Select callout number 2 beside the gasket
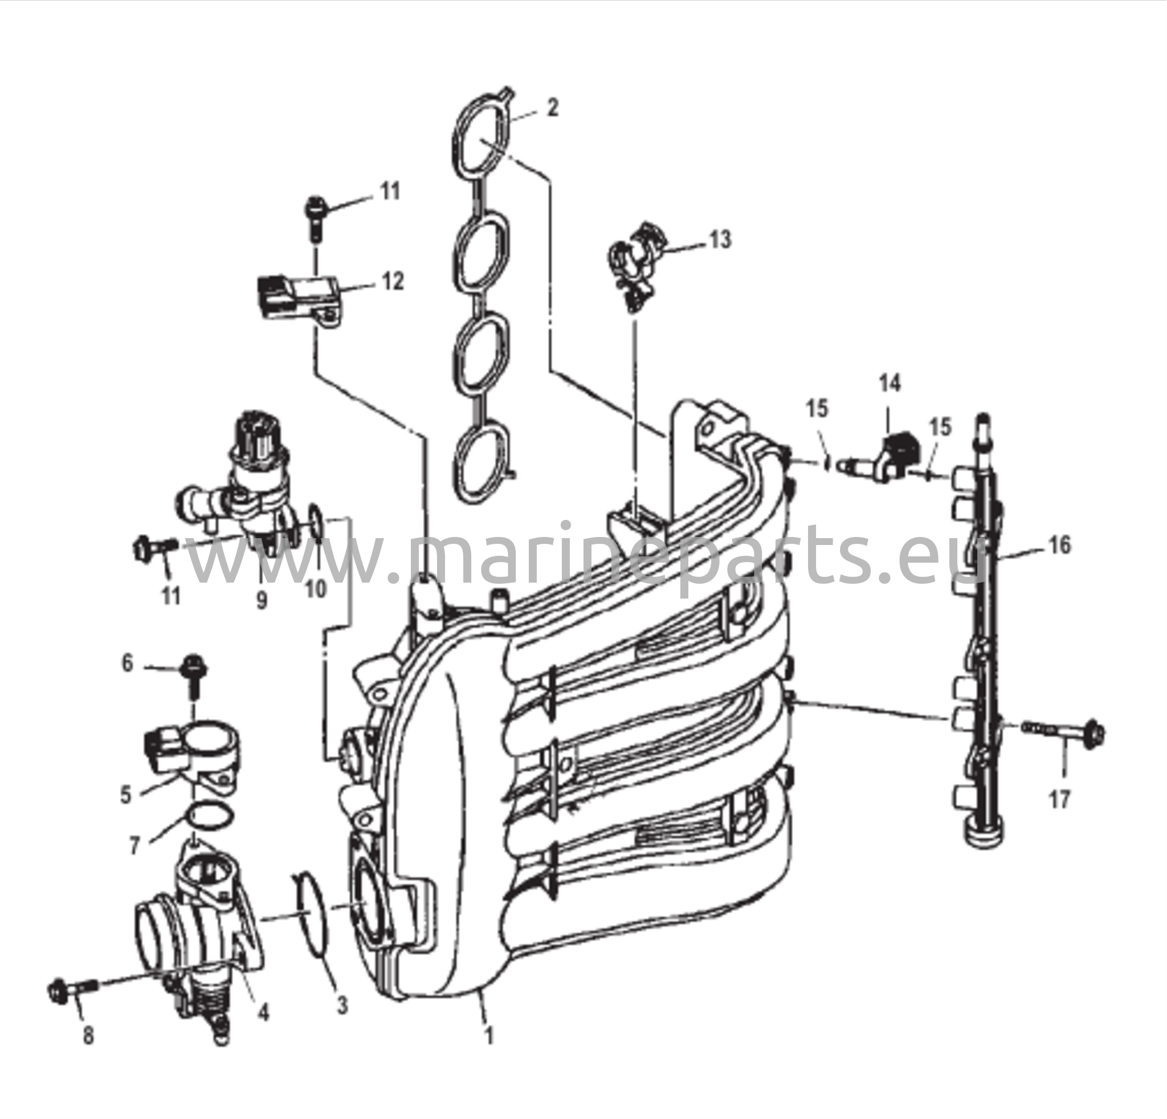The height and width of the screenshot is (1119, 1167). tap(553, 108)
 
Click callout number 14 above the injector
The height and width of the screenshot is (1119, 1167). tap(890, 384)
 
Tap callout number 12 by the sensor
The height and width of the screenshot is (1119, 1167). tap(392, 280)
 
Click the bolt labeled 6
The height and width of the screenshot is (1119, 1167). tap(193, 675)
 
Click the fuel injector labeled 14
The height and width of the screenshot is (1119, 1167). tap(876, 458)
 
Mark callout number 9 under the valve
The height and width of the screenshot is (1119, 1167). tap(262, 600)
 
